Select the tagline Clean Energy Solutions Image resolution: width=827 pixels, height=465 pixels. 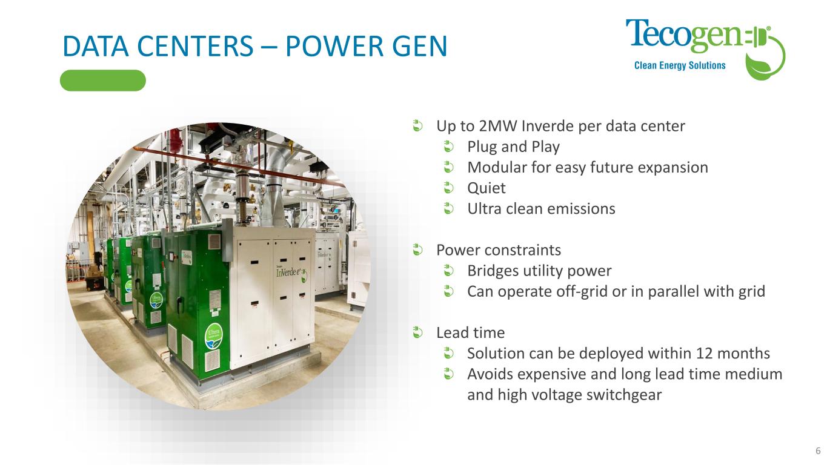680,65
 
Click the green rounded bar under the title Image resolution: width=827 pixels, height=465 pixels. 103,81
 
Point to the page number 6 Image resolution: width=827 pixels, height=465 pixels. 818,451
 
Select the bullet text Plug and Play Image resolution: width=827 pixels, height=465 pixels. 513,147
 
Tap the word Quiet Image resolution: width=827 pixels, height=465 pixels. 487,188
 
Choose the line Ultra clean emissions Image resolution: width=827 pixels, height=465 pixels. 541,209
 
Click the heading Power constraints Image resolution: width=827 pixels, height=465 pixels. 499,250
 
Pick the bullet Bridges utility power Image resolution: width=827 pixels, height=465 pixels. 539,271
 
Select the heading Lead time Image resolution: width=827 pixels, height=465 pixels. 470,333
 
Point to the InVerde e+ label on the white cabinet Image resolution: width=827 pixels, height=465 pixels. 291,273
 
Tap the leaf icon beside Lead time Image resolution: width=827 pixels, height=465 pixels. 417,332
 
